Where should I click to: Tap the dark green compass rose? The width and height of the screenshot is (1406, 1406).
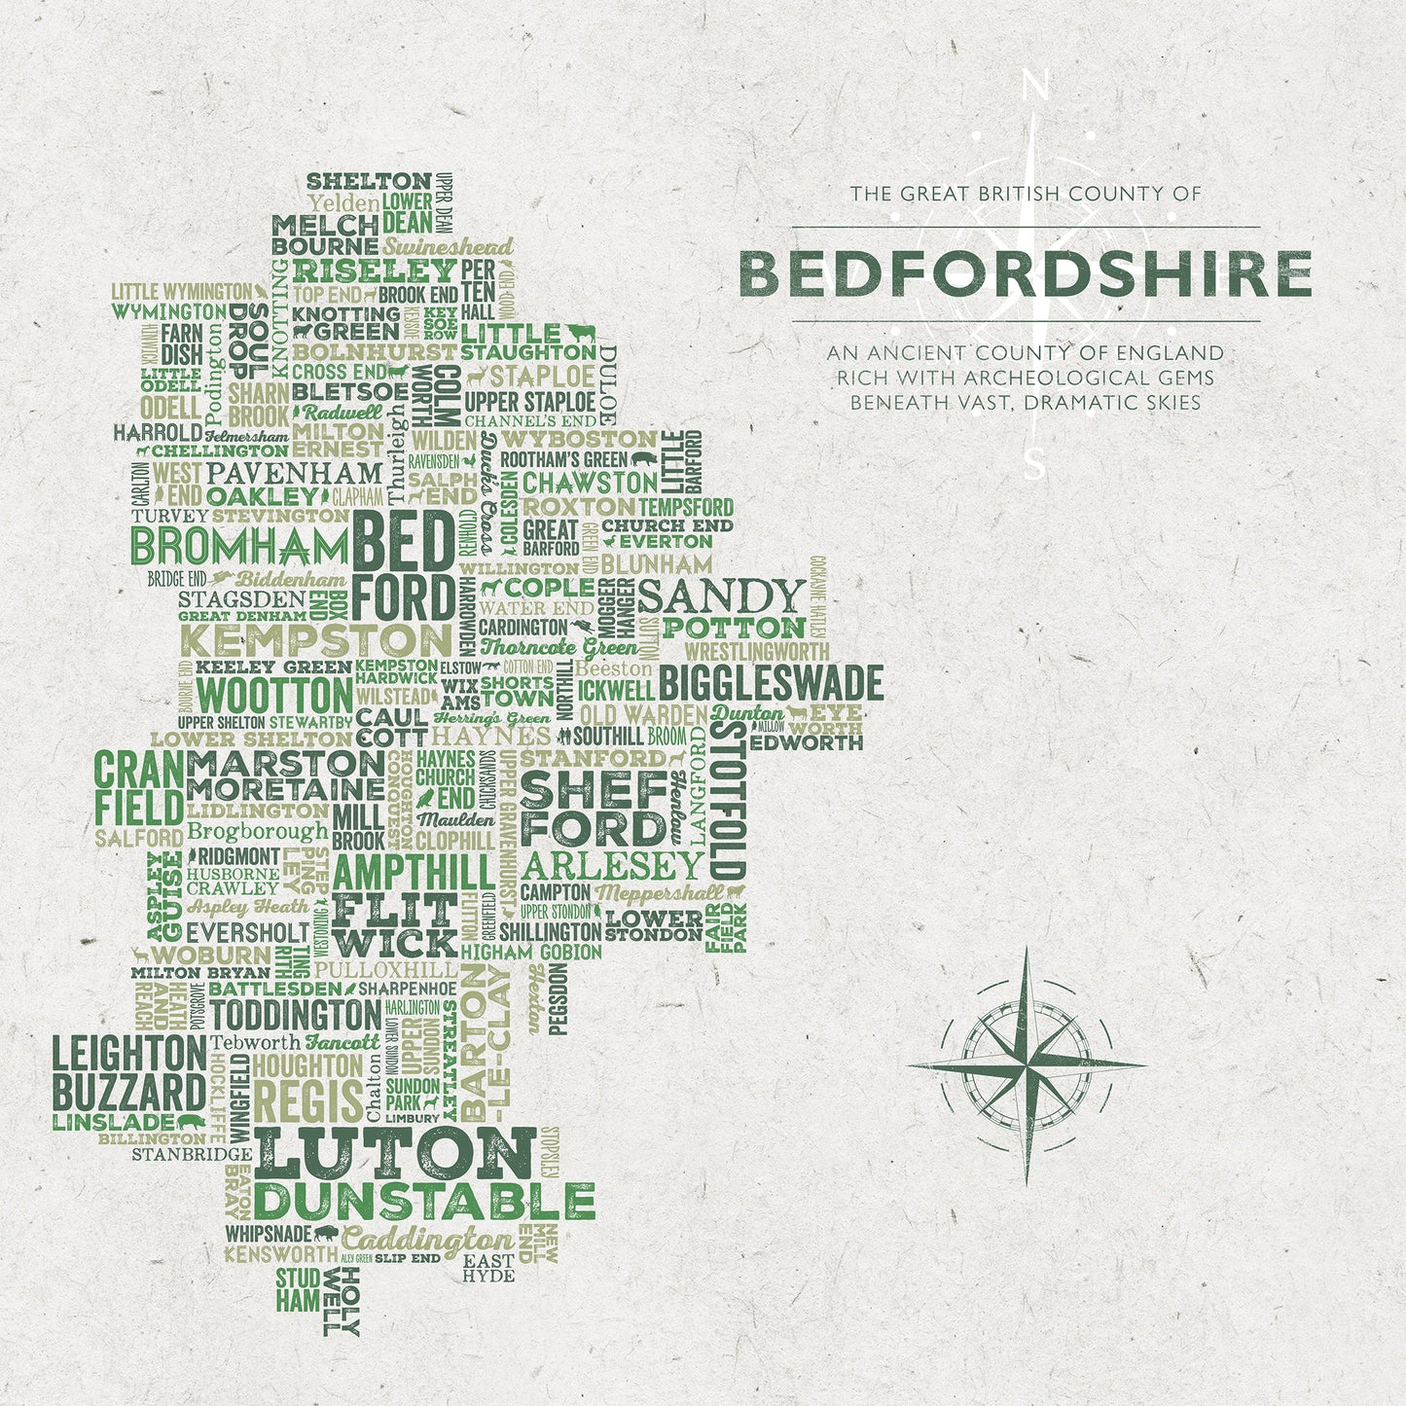pos(1027,1065)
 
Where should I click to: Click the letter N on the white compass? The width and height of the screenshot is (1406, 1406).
pos(1035,89)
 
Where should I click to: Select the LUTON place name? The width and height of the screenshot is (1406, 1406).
pos(394,1155)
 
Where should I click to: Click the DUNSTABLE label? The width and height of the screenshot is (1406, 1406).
pos(425,1203)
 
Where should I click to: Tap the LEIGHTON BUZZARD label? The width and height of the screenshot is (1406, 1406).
pos(128,1073)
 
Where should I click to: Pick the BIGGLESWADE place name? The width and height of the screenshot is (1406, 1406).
pos(771,683)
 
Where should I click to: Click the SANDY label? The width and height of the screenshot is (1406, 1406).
pos(722,595)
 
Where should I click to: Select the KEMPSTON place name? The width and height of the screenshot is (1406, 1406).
pos(317,641)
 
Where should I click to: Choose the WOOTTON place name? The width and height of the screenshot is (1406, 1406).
pos(274,697)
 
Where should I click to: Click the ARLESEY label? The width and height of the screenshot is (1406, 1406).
pos(612,865)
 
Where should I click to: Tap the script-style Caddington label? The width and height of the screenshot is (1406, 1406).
pos(427,1240)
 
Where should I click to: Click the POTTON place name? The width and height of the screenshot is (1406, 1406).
pos(735,628)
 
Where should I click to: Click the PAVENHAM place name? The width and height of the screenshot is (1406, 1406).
pos(295,474)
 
